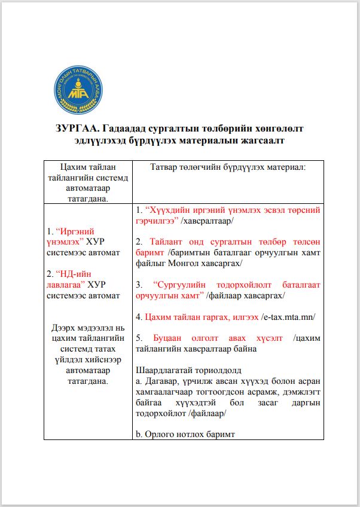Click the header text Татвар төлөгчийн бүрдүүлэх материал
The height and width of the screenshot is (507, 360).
click(x=228, y=167)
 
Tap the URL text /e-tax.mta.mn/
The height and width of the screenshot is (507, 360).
click(x=289, y=317)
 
